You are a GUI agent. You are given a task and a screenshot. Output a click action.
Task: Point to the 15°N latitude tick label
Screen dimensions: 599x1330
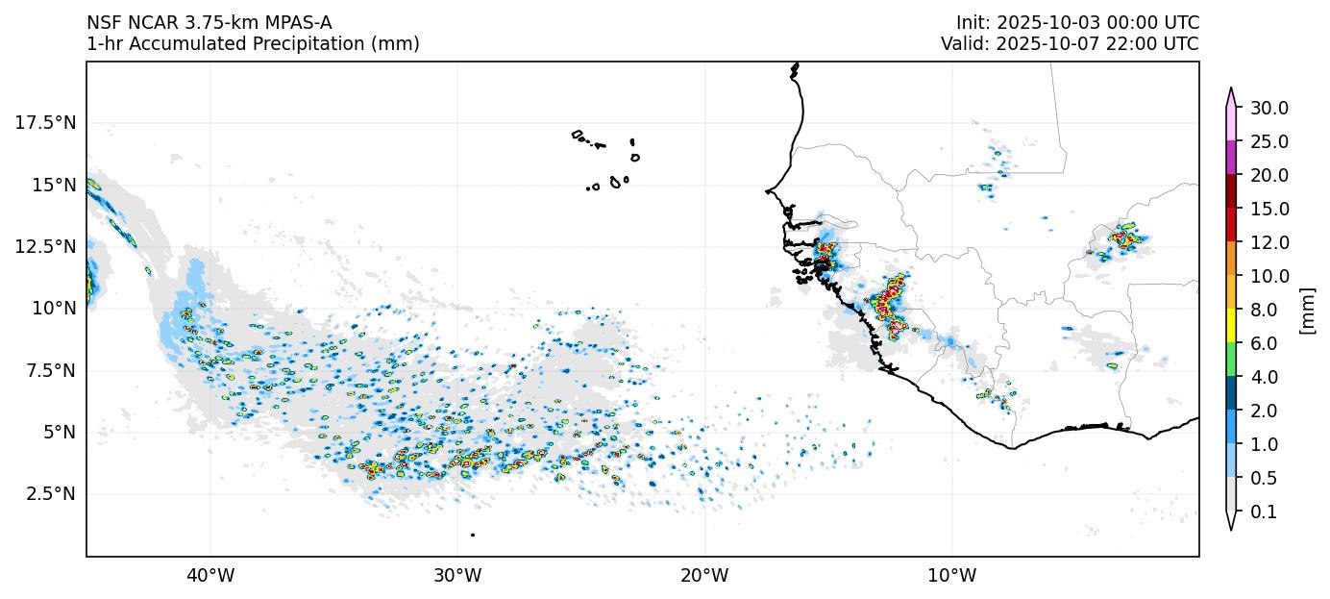point(49,184)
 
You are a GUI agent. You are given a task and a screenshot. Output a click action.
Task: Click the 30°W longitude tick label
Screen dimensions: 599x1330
point(457,576)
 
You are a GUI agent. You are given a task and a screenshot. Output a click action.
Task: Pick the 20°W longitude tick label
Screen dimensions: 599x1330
point(704,576)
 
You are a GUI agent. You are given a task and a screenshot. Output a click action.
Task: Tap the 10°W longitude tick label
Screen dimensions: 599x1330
point(951,576)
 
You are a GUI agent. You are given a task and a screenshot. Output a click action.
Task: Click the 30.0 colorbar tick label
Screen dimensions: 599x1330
point(1268,108)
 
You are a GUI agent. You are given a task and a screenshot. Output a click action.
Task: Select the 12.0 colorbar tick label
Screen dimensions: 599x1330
point(1268,242)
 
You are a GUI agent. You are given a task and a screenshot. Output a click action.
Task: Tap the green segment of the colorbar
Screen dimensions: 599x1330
point(1230,360)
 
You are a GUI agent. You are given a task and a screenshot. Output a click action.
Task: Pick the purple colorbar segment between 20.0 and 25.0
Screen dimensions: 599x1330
point(1230,158)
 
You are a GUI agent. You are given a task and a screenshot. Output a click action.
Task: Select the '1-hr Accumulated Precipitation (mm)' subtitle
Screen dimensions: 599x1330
point(253,44)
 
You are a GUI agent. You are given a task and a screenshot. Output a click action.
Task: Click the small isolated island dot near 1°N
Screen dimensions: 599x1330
point(473,535)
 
